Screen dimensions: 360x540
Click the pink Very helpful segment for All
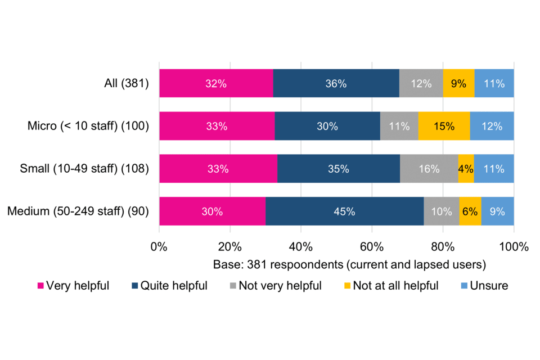[x=216, y=84]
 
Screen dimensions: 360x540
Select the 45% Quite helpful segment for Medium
[x=344, y=211]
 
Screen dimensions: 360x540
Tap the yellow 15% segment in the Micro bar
[x=444, y=127]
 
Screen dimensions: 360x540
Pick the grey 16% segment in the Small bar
[x=429, y=169]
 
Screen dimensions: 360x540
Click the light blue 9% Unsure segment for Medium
[x=497, y=211]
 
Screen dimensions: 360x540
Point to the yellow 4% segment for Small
[x=466, y=169]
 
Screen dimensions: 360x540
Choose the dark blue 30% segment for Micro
[x=327, y=127]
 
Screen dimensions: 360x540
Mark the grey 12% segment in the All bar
[x=421, y=84]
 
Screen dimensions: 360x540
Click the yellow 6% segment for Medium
[x=470, y=211]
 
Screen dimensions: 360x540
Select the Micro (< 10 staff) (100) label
[x=88, y=127]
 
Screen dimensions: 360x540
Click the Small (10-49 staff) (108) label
[x=84, y=169]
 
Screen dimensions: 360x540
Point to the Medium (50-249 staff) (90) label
[x=78, y=211]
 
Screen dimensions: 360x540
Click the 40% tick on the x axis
[x=301, y=246]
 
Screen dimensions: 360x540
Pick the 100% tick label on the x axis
[x=513, y=246]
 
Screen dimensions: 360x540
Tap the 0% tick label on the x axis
[x=159, y=246]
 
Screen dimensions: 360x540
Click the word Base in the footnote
[x=226, y=263]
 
